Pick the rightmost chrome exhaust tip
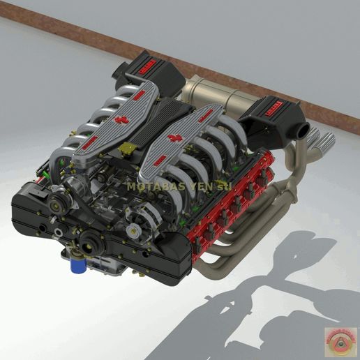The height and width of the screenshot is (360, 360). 326,142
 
